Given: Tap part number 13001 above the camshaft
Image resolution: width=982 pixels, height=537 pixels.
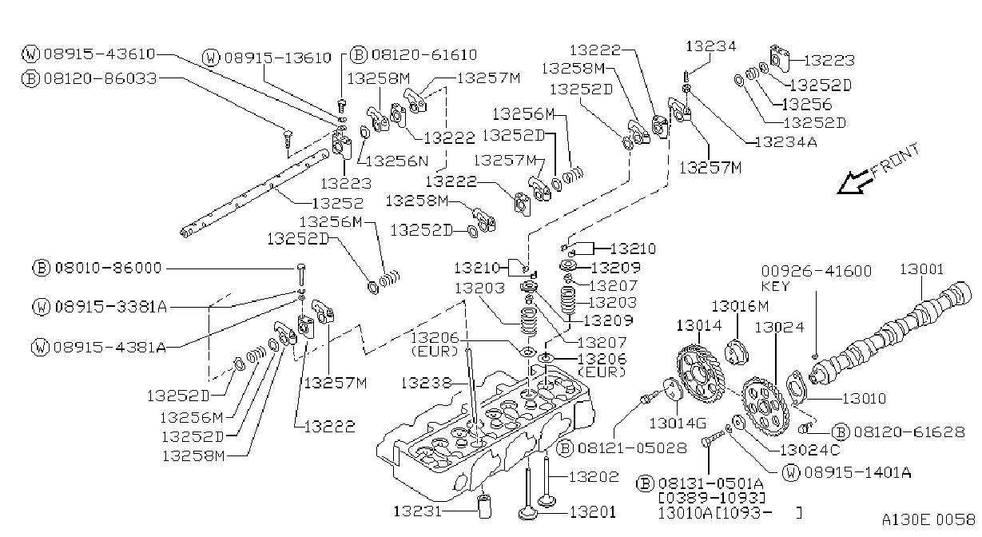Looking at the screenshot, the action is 921,269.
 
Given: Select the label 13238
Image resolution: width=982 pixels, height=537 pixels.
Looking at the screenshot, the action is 426,383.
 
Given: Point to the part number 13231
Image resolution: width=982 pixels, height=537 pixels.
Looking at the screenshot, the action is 418,511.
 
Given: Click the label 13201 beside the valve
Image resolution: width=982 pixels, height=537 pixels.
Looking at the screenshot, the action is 592,512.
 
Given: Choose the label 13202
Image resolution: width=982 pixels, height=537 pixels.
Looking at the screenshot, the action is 594,476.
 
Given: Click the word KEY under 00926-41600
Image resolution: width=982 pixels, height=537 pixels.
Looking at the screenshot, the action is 776,286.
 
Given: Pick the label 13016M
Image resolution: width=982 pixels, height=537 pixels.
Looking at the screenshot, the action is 740,306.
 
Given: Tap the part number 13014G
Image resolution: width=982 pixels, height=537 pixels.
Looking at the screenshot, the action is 678,423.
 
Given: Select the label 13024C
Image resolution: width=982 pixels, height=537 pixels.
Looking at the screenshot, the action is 810,450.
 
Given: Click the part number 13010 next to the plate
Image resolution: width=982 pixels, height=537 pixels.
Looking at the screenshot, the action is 864,399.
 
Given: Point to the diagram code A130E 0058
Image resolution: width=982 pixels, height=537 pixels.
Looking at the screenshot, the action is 928,520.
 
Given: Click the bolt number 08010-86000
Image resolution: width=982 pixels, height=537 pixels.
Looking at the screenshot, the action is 109,268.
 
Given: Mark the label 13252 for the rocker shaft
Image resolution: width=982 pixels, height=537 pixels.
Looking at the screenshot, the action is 337,203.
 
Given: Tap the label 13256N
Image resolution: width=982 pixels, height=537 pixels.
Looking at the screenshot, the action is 397,161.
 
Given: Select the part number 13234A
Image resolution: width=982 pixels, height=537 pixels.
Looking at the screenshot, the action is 786,142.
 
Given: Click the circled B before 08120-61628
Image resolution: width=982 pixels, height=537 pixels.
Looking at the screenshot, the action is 841,432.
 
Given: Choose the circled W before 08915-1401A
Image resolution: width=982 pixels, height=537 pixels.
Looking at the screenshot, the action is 791,472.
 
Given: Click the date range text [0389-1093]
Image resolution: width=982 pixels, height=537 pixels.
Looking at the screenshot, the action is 712,498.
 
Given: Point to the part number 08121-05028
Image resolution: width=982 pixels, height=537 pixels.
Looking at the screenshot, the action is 632,448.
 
